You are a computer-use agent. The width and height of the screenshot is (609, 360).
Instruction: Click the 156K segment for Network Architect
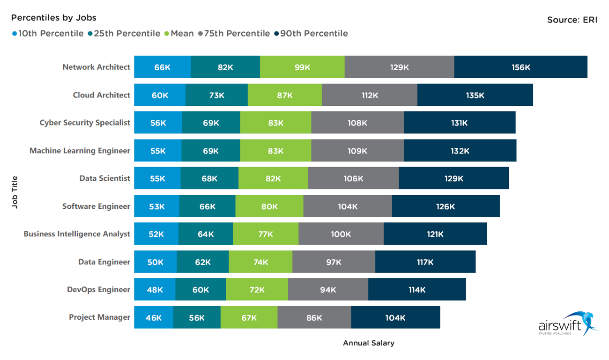point(520,67)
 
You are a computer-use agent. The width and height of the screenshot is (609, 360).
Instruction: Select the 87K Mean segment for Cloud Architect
point(284,95)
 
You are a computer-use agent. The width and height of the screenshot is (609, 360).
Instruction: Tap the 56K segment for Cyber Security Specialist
point(158,123)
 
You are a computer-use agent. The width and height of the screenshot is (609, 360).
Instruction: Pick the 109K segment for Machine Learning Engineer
point(357,151)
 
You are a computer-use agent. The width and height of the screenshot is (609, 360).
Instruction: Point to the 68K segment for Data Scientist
point(209,178)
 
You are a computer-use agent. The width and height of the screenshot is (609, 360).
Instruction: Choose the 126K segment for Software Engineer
point(446,206)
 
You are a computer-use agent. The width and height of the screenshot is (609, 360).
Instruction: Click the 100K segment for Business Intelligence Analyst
point(341,234)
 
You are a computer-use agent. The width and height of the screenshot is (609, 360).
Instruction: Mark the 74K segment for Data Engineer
point(260,262)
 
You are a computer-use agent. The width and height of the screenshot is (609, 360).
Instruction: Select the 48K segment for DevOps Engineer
point(155,290)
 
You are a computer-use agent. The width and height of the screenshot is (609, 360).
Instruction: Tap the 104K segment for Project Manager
point(395,318)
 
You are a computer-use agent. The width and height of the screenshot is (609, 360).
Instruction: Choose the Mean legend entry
point(179,34)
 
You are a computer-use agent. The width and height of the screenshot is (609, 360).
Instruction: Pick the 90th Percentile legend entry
point(311,34)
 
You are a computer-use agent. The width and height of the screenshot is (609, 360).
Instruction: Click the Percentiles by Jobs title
point(54,18)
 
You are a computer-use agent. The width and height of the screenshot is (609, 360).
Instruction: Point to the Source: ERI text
point(572,20)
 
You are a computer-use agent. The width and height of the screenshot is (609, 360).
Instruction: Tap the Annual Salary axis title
point(369,343)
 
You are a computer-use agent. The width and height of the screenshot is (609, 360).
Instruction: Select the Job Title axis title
point(15,192)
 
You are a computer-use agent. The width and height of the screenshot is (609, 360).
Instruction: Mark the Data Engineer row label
point(104,262)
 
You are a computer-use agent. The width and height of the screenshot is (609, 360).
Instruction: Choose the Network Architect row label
point(96,67)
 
